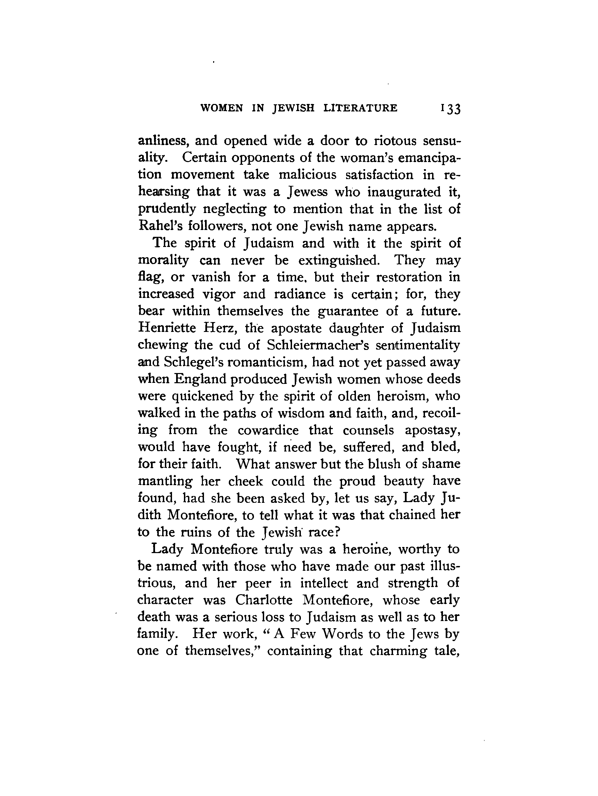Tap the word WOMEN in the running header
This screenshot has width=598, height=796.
[221, 108]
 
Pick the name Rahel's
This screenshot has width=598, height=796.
[155, 226]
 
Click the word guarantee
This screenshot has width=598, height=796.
[348, 311]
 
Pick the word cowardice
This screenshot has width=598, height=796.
[268, 430]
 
